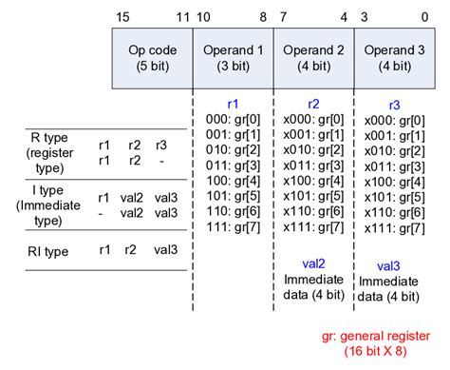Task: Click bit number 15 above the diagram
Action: point(122,18)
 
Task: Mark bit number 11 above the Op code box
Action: point(182,18)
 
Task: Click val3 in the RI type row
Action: point(165,251)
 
